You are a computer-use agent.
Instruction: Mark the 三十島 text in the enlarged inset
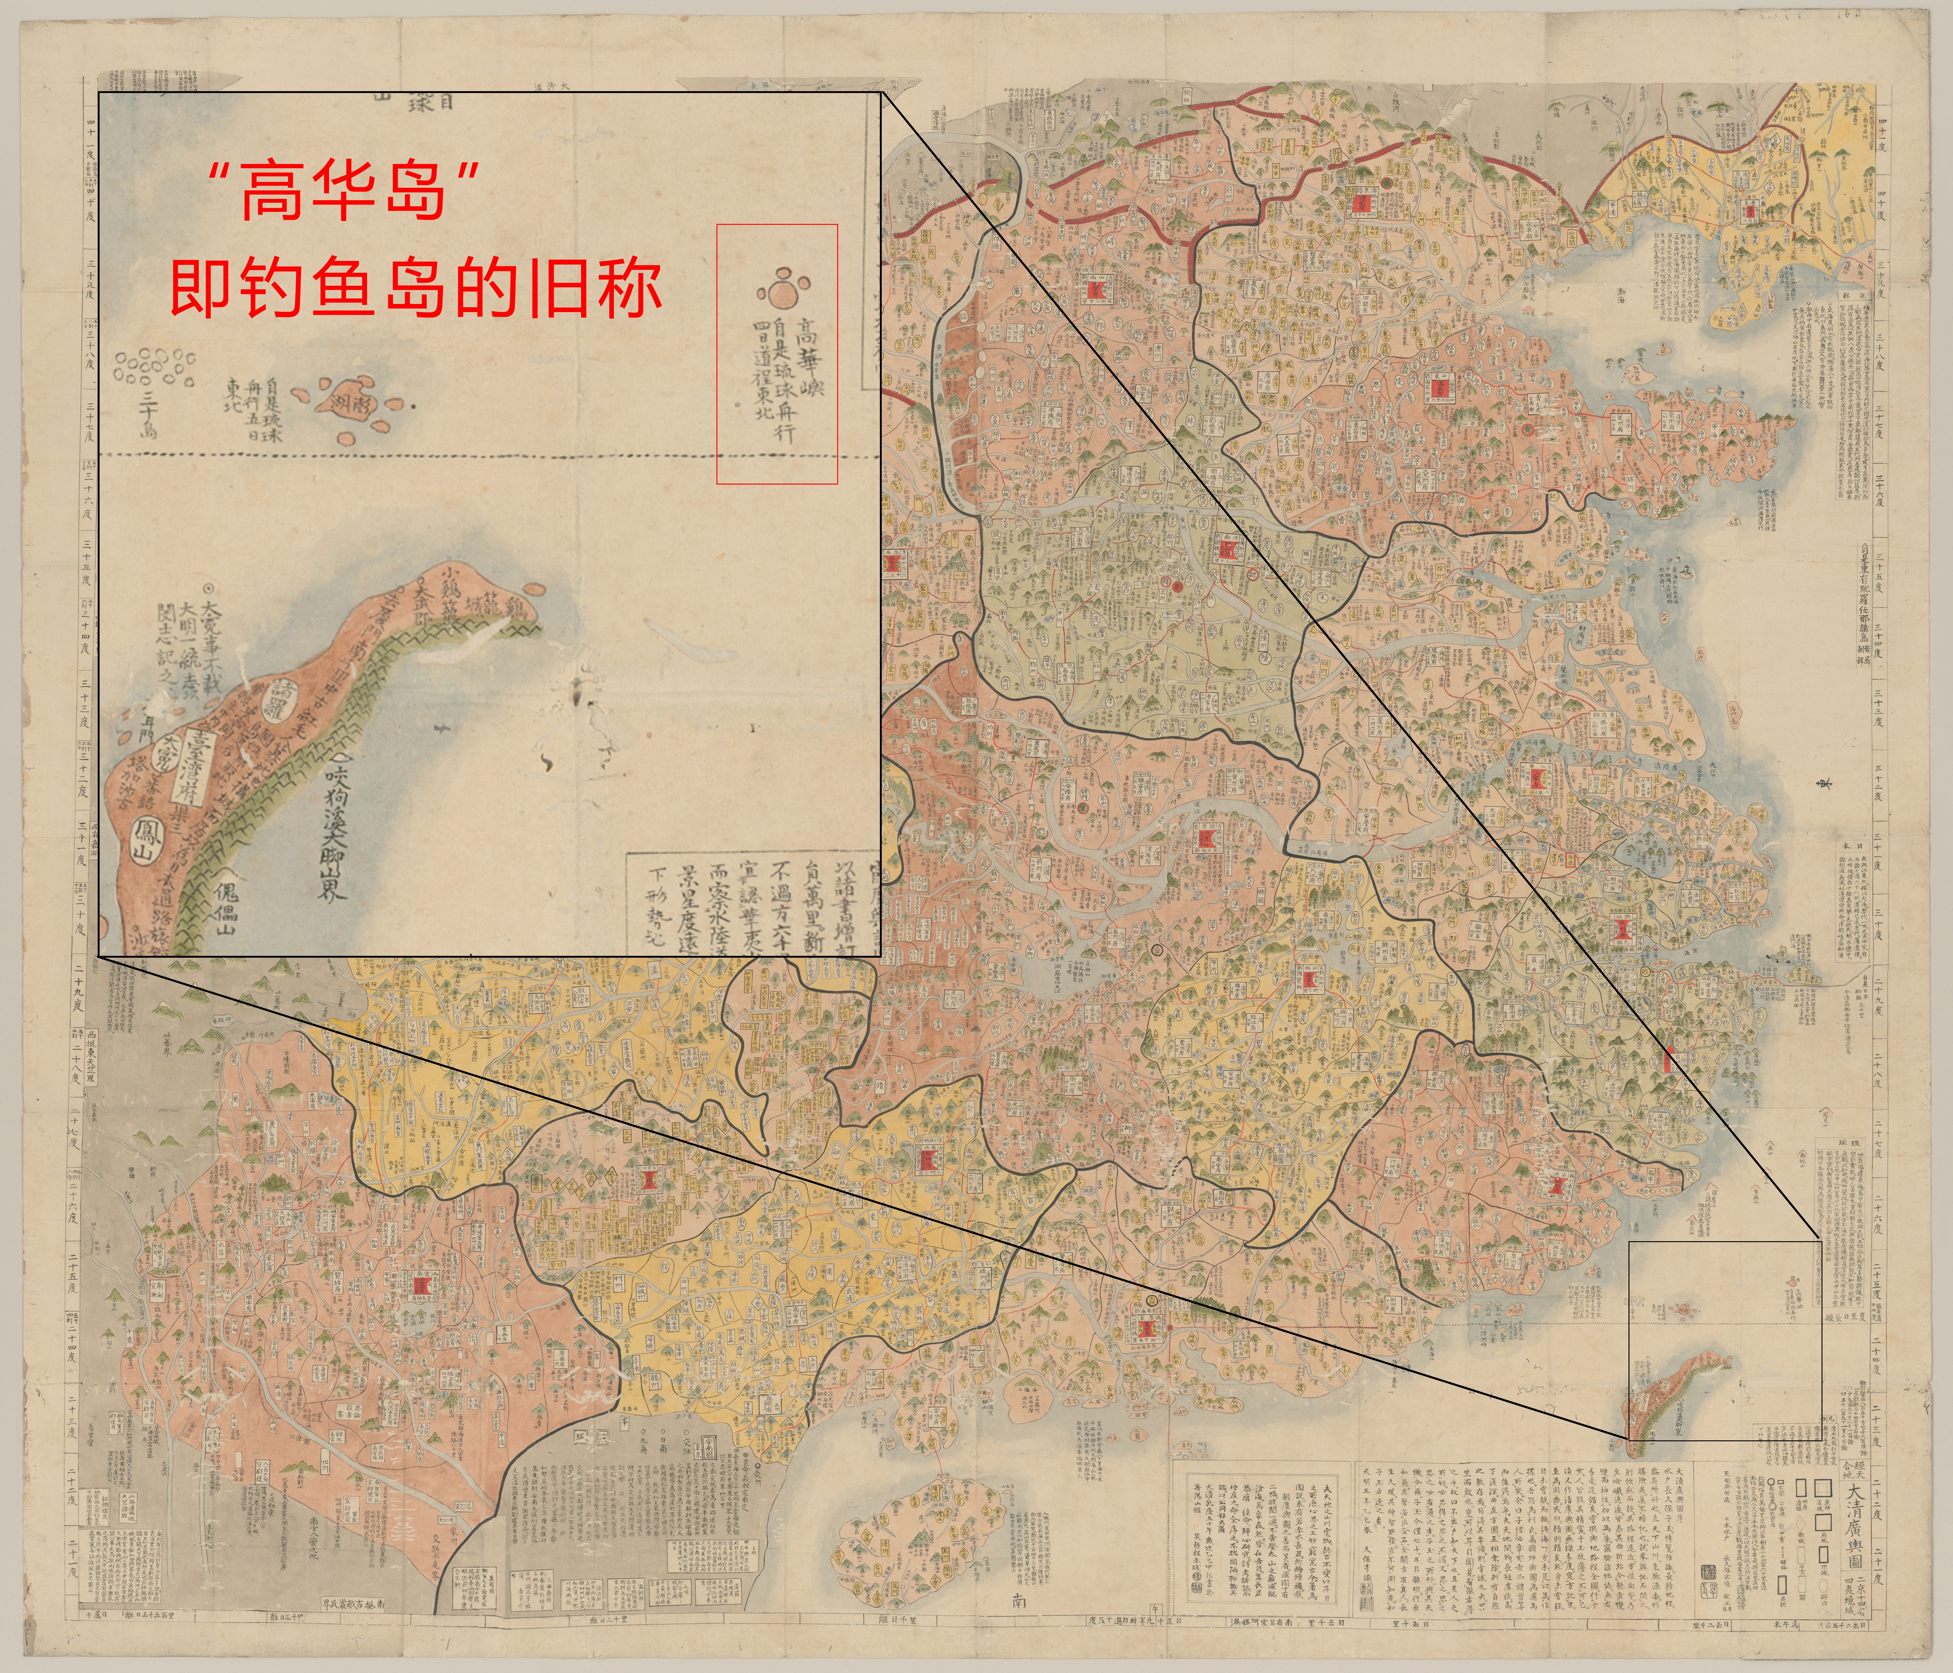148,415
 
